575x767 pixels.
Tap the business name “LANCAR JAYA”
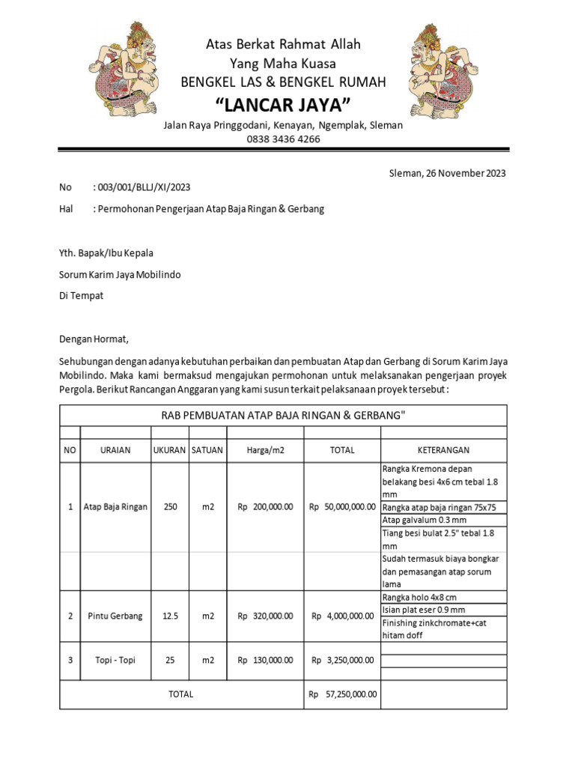point(283,103)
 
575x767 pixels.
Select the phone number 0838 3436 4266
point(283,139)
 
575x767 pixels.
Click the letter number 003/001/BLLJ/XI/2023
point(147,187)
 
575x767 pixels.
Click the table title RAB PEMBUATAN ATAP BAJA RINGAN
point(283,416)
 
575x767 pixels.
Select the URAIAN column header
point(115,450)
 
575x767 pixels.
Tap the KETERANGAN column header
point(443,450)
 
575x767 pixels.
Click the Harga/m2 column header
point(265,450)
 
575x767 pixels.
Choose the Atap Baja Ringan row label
point(115,507)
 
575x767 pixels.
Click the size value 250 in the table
point(170,507)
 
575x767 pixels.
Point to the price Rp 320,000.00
point(265,616)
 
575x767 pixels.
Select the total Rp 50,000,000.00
point(342,507)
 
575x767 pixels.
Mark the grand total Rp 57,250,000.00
point(342,694)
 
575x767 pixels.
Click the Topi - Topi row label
point(115,661)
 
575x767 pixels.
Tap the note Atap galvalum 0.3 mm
point(424,520)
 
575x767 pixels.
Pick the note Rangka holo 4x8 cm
point(419,597)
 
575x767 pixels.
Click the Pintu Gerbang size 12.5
point(170,616)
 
